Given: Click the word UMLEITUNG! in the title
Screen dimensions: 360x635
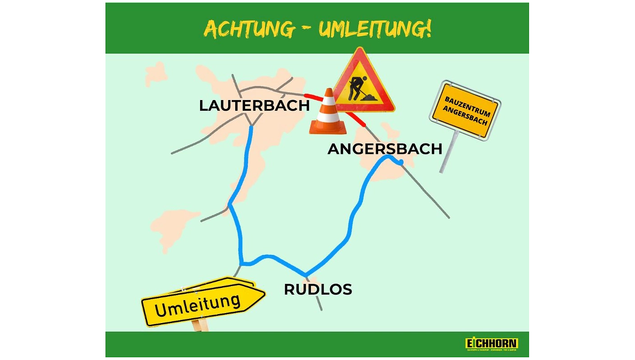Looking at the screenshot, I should (375, 29).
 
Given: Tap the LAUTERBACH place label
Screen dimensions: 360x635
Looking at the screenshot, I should (254, 105).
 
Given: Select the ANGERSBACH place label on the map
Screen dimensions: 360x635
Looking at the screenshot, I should (385, 149).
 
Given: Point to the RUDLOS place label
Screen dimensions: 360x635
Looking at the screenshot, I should (318, 289).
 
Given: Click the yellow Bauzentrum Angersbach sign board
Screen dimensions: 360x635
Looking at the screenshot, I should (466, 110).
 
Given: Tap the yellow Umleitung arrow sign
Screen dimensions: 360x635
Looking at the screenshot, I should (203, 303).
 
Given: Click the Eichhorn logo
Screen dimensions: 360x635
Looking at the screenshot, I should (491, 344).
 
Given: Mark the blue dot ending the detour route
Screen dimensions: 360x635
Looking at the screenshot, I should (401, 162).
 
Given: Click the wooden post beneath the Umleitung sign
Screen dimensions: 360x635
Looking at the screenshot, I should (198, 325).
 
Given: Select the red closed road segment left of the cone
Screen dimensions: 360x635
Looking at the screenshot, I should (313, 97).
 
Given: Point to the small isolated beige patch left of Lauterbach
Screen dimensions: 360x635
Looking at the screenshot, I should (156, 73).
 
